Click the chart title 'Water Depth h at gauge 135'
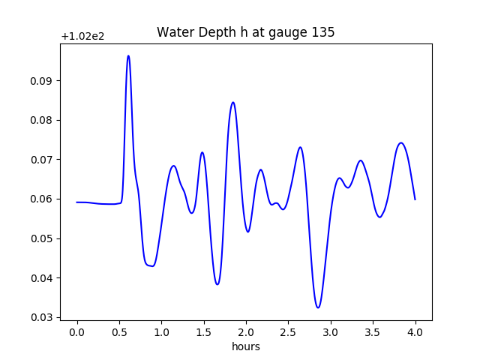[245, 33]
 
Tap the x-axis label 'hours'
[245, 346]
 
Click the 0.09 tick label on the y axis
[43, 81]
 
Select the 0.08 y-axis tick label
[43, 120]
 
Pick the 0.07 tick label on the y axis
[43, 160]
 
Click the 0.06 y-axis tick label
[43, 199]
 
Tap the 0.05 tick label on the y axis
[43, 238]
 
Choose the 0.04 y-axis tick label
[43, 278]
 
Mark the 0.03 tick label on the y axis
[43, 318]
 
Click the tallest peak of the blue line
[128, 55]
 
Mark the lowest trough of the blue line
[318, 307]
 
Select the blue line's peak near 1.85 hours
[233, 102]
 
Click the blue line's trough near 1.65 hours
[217, 284]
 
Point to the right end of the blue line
[415, 199]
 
